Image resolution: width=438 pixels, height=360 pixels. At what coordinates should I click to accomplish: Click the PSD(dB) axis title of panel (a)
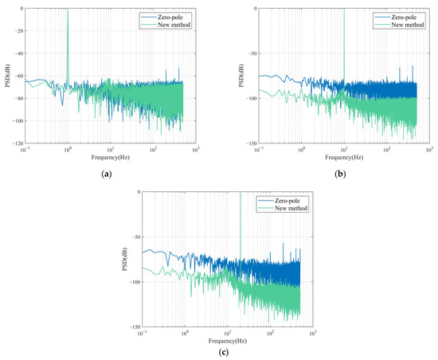[6, 76]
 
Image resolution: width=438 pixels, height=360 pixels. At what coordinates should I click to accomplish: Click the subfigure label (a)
[110, 171]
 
